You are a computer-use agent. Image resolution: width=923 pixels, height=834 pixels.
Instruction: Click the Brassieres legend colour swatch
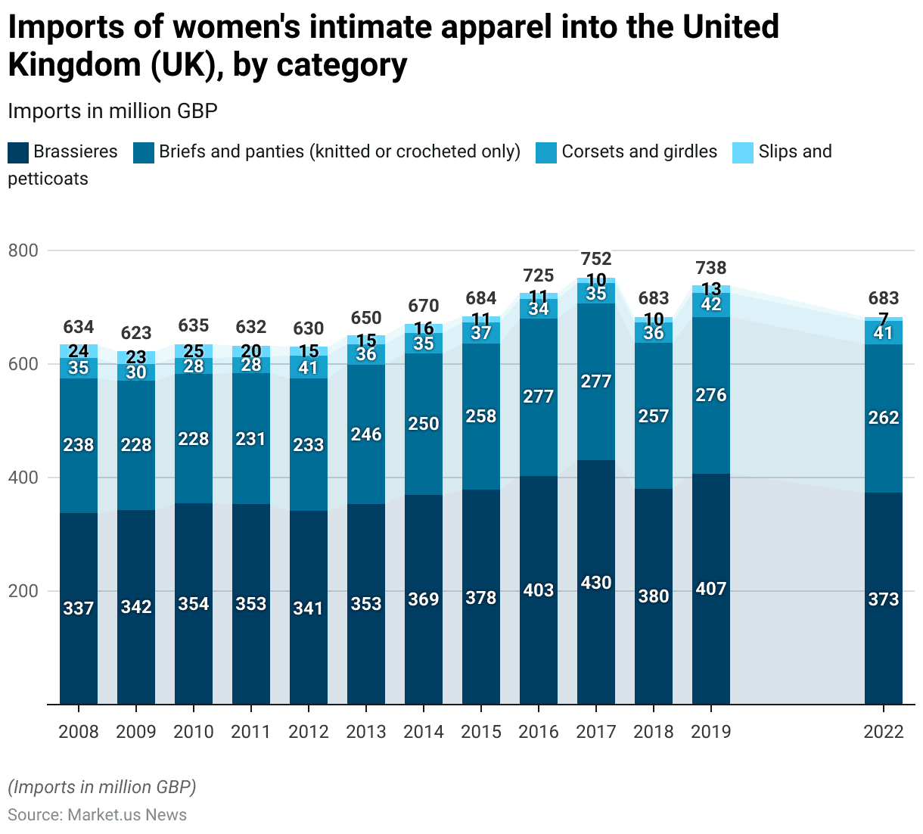(x=18, y=152)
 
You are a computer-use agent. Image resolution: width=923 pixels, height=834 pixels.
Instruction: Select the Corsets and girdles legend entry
(x=639, y=151)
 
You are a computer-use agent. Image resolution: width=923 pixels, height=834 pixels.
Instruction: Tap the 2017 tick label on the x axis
(x=596, y=732)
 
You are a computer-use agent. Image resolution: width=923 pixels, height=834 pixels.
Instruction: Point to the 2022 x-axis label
(x=884, y=732)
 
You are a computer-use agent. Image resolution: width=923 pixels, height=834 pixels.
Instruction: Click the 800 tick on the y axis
(x=23, y=251)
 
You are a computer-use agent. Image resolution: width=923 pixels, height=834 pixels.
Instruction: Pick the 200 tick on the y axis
(x=23, y=591)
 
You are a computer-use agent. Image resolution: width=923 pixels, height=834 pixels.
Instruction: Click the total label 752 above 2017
(x=596, y=259)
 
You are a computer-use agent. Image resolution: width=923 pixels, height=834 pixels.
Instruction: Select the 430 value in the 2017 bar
(x=596, y=583)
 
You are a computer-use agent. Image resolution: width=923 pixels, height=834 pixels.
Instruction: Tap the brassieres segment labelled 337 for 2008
(x=79, y=608)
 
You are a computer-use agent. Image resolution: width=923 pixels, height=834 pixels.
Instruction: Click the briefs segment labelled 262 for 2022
(x=884, y=418)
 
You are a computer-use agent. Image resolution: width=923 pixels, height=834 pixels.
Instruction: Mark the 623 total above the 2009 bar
(x=136, y=333)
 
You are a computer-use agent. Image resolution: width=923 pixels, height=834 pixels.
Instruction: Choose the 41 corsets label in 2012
(x=309, y=369)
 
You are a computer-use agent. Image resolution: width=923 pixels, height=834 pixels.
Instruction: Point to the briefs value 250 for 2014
(x=424, y=424)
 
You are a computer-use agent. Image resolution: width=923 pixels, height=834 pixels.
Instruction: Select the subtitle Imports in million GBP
(x=113, y=111)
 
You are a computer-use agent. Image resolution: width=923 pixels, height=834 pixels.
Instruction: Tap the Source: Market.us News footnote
(x=97, y=814)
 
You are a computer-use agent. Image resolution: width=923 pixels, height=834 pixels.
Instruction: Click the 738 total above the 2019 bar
(x=711, y=268)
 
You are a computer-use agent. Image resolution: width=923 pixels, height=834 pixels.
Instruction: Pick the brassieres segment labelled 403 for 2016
(x=539, y=590)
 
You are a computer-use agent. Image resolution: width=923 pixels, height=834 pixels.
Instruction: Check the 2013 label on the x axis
(x=366, y=732)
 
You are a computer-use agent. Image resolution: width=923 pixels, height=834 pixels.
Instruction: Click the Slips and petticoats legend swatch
(x=744, y=152)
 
